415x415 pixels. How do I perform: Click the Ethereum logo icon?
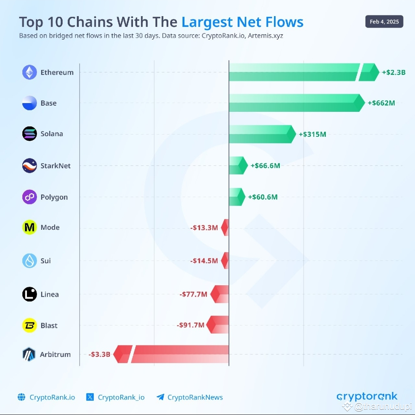tap(30, 72)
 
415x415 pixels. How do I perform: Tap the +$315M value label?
tap(312, 134)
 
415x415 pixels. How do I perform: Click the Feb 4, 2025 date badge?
tap(384, 22)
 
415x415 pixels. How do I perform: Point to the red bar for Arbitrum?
tap(177, 354)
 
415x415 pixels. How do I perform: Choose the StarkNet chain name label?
tap(56, 166)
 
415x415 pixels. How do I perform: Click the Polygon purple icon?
tap(30, 197)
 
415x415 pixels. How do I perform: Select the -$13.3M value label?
tap(204, 228)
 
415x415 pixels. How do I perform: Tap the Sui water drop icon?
tap(30, 261)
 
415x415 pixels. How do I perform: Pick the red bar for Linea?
tap(220, 294)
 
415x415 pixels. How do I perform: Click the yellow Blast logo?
tap(30, 325)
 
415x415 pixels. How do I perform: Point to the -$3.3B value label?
tap(99, 354)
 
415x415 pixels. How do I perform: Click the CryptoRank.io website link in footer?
tap(52, 397)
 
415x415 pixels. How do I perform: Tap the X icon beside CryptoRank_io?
tap(90, 397)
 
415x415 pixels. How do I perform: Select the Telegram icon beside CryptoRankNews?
tap(160, 397)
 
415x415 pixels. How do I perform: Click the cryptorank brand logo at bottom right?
tap(367, 397)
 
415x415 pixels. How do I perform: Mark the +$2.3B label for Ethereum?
tap(393, 72)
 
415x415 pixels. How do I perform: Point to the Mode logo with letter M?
tap(30, 227)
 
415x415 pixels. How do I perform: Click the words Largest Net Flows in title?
tap(242, 22)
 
